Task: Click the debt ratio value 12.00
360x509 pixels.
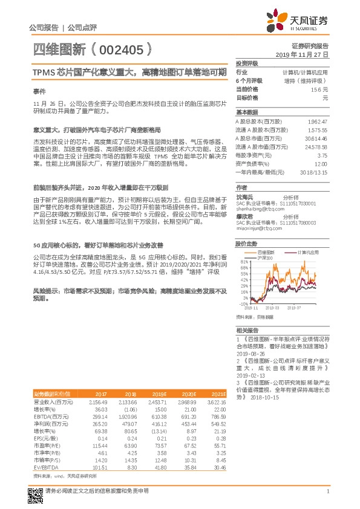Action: coord(320,163)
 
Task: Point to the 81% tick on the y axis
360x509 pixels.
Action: coord(244,262)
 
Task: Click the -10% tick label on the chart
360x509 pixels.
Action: coord(243,304)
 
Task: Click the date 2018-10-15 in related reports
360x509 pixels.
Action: coord(263,397)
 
